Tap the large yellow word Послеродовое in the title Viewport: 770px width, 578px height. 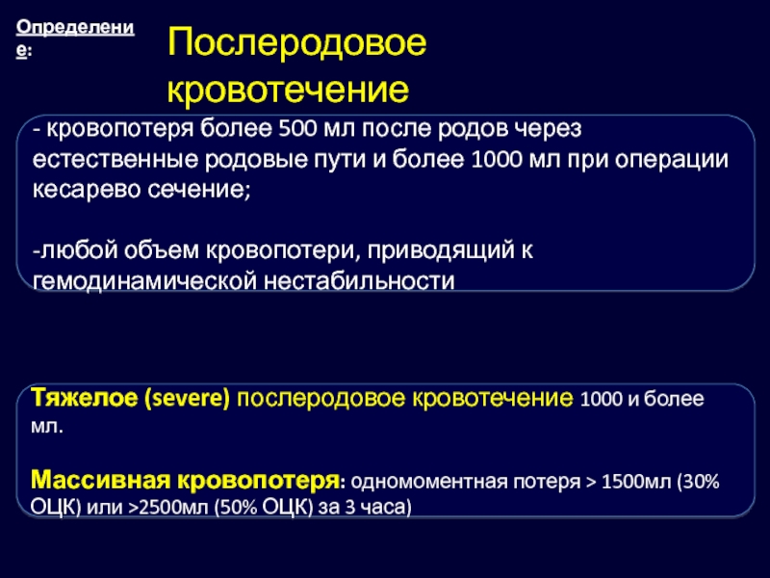tap(296, 43)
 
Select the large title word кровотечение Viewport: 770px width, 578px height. tap(288, 90)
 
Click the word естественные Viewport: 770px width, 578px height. tap(115, 160)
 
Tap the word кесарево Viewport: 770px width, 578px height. tap(87, 190)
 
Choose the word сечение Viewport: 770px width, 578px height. tap(199, 190)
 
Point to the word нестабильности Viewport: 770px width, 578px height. tap(359, 281)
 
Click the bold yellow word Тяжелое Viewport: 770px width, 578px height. tap(85, 398)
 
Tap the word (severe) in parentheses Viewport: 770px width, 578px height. tap(187, 398)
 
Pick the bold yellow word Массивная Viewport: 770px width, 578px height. tap(101, 480)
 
